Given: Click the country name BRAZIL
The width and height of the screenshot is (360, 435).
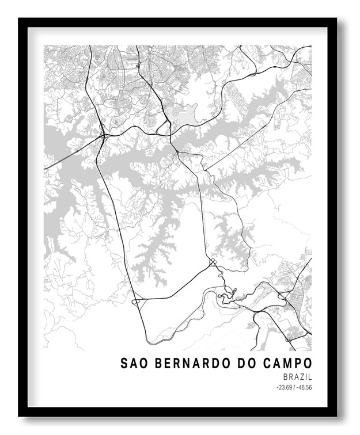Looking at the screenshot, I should click(297, 376).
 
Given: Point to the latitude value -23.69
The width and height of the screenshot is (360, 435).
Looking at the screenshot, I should click(285, 387).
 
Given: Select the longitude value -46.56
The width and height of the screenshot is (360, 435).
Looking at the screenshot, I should click(304, 387).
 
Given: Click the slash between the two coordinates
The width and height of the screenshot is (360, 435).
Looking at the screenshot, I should click(294, 387).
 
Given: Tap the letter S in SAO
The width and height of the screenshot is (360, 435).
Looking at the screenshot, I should click(124, 364).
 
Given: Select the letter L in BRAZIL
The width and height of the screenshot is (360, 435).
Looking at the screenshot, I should click(310, 376).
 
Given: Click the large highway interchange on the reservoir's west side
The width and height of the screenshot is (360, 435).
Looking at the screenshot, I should click(103, 136).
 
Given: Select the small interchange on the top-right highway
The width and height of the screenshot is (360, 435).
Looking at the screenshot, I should click(254, 74).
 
